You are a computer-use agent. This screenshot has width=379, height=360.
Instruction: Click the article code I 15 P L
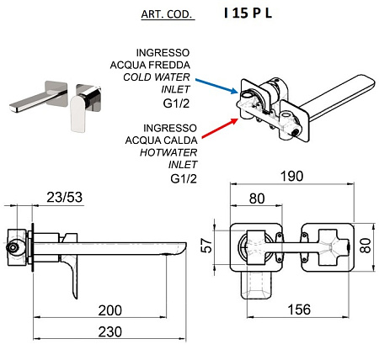click(248, 13)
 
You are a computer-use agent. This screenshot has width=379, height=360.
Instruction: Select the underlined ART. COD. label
click(168, 14)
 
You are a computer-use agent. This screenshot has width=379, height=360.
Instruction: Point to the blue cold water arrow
click(216, 86)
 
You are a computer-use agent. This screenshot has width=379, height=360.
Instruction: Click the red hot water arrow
click(220, 129)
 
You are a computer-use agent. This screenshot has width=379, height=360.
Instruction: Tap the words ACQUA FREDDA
click(150, 65)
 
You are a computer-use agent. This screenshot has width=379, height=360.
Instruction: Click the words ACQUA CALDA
click(161, 140)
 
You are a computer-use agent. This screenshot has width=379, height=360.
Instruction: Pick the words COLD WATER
click(157, 77)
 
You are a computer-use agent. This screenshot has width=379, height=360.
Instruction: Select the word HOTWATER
click(168, 152)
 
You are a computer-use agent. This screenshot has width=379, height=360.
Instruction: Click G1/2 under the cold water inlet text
click(176, 103)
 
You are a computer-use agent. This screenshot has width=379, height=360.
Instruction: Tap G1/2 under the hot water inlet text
click(184, 178)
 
